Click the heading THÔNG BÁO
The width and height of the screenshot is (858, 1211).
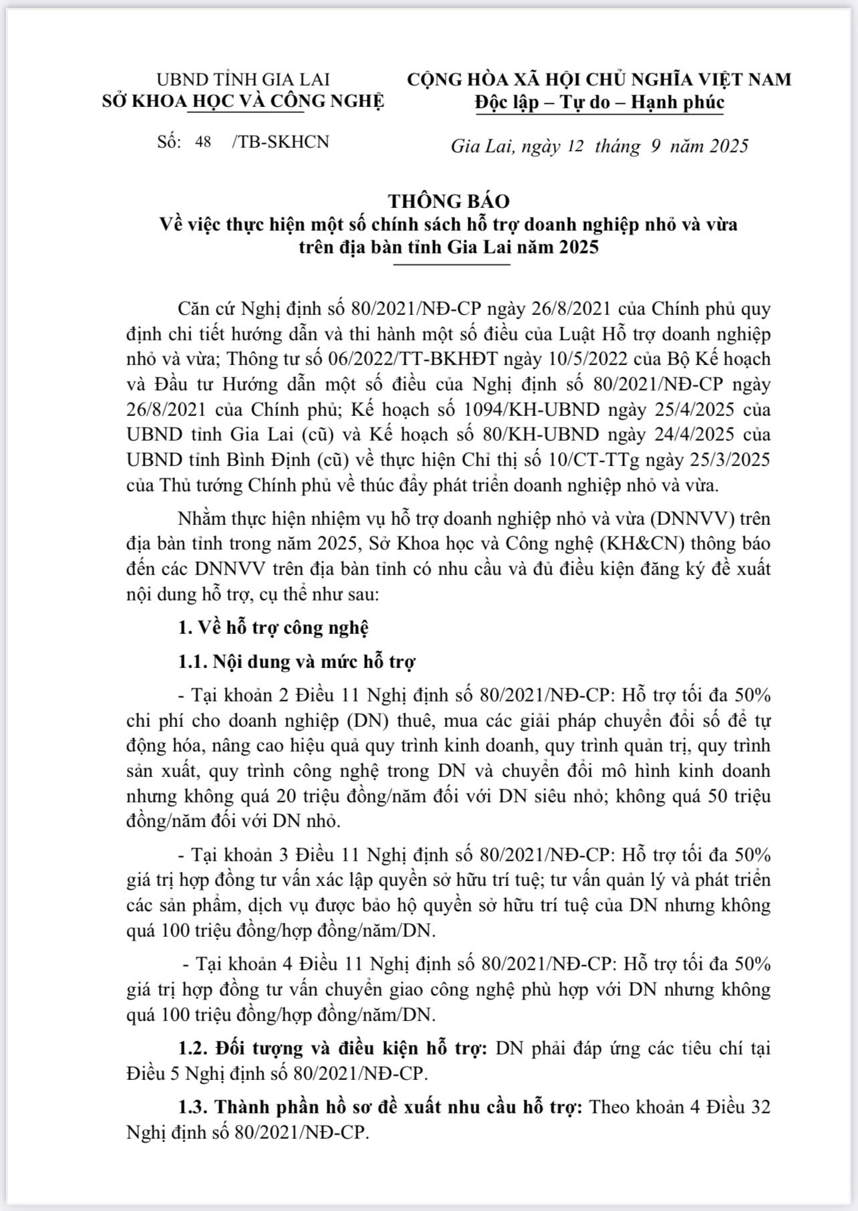[x=449, y=201]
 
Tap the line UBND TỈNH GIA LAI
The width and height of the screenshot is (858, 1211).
[x=243, y=80]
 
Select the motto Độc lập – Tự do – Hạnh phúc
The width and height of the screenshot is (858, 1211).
[x=599, y=102]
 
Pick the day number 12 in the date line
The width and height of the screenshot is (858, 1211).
[x=575, y=146]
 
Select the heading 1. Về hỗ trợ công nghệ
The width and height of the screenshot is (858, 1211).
[x=273, y=627]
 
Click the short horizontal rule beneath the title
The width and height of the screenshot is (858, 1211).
[x=452, y=265]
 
